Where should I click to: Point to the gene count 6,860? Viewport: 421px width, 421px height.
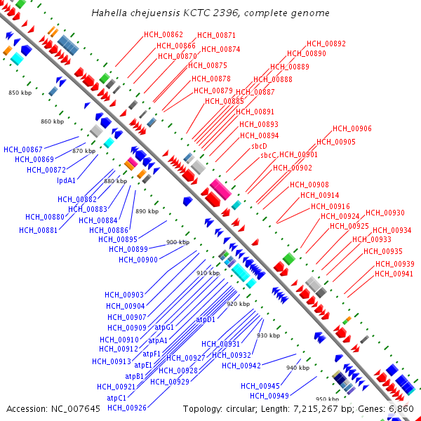click(x=401, y=408)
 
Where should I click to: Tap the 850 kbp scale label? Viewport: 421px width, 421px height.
click(x=20, y=93)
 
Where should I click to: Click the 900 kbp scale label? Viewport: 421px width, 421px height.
click(x=178, y=242)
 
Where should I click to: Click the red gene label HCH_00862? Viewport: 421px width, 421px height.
click(x=163, y=34)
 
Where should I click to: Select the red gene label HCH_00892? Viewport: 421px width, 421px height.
click(x=326, y=44)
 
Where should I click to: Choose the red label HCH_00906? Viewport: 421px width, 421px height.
click(x=352, y=128)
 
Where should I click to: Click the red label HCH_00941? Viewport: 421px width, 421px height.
click(x=394, y=274)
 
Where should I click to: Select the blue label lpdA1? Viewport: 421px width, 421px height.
click(x=67, y=180)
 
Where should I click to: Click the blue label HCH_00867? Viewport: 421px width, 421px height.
click(x=23, y=149)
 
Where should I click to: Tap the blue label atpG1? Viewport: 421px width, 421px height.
click(x=164, y=327)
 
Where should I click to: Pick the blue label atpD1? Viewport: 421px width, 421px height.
click(x=206, y=319)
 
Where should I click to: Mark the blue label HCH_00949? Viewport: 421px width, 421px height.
click(x=270, y=396)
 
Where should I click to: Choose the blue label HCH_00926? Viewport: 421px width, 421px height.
click(x=127, y=408)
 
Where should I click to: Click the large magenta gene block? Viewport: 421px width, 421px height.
click(x=220, y=189)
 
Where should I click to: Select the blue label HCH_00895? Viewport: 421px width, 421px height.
click(x=128, y=239)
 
